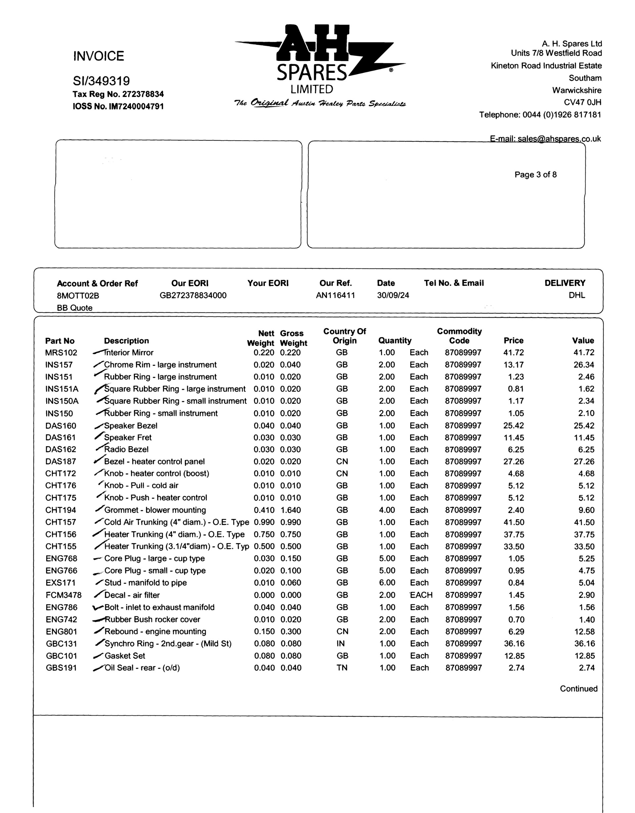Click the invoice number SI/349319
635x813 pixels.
(x=101, y=81)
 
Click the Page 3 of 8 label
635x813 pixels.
(x=535, y=174)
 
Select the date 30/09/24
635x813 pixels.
(x=393, y=295)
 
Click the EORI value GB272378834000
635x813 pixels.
(x=193, y=295)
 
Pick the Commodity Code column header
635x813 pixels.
(x=459, y=336)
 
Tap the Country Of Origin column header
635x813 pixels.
(x=345, y=336)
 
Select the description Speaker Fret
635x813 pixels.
(x=128, y=437)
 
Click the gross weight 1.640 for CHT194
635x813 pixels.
(x=290, y=510)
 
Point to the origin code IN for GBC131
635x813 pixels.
(x=340, y=643)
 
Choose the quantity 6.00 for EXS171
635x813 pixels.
(x=387, y=583)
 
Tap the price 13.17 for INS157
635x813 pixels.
(x=513, y=365)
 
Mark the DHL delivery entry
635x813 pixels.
(x=576, y=295)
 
